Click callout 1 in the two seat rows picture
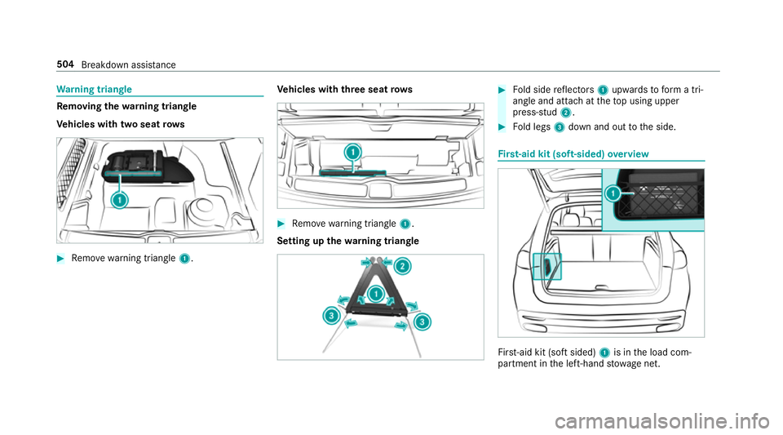(x=121, y=200)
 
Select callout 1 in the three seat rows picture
(x=352, y=152)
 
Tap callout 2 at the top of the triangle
(x=401, y=267)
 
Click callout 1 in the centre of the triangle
(x=375, y=293)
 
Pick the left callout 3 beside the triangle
(x=330, y=315)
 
